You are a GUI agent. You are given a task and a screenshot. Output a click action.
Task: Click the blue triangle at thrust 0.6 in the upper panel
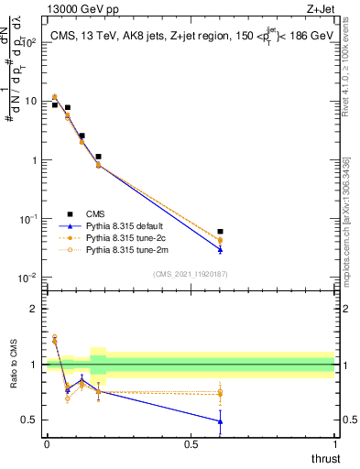coord(220,248)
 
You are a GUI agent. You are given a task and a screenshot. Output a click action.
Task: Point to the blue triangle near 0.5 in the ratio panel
coord(220,421)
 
